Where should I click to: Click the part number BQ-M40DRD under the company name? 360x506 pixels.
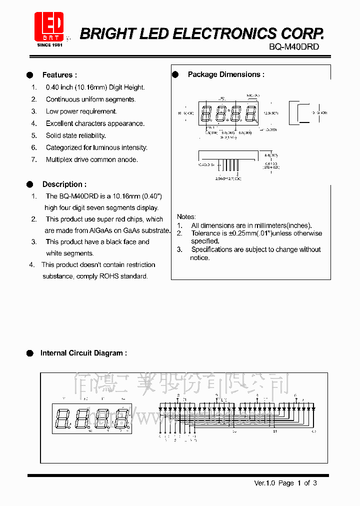click(294, 46)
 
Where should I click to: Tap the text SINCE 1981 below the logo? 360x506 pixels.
click(49, 45)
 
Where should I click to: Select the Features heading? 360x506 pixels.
click(59, 75)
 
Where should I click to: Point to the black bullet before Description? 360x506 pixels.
click(30, 184)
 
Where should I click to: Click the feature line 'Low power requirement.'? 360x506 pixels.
click(81, 111)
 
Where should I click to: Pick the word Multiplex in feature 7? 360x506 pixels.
click(60, 159)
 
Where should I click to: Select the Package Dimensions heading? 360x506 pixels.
click(226, 74)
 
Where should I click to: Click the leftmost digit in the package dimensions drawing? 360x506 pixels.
click(206, 114)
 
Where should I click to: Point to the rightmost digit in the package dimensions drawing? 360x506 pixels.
click(251, 114)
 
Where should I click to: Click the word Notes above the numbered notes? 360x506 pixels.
click(186, 216)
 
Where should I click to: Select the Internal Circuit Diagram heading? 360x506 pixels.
click(83, 353)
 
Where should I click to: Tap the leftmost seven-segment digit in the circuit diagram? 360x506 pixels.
click(63, 418)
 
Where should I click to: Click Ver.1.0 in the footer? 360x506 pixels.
click(265, 483)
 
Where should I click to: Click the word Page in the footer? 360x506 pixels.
click(286, 483)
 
